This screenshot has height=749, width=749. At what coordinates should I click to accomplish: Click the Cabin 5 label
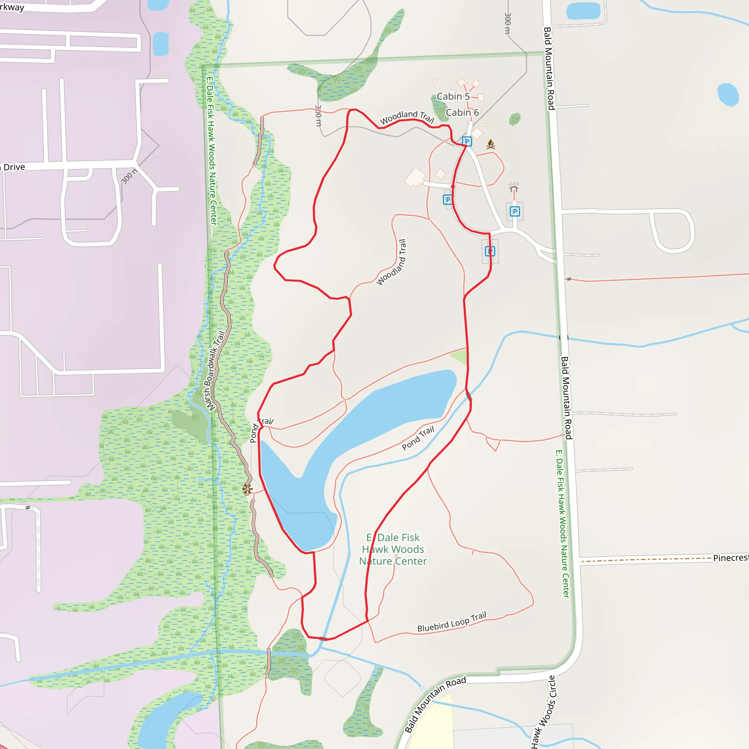tap(453, 96)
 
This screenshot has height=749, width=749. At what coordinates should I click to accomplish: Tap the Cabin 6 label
tap(462, 112)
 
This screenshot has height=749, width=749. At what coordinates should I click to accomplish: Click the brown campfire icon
tap(490, 144)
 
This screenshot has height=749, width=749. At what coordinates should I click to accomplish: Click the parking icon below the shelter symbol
tap(515, 211)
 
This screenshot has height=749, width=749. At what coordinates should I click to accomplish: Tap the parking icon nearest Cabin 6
tap(467, 142)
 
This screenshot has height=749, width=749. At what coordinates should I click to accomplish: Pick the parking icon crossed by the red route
tap(490, 251)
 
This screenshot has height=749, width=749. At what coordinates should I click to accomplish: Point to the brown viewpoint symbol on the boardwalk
tap(247, 489)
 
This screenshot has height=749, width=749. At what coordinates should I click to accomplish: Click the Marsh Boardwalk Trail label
tap(215, 370)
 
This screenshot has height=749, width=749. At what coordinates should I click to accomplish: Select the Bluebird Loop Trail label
tap(451, 622)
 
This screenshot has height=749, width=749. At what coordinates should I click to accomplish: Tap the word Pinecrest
tap(730, 558)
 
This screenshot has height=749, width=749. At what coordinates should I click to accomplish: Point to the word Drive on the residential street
tap(14, 167)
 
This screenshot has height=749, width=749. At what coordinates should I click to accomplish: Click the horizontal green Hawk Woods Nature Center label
tap(393, 549)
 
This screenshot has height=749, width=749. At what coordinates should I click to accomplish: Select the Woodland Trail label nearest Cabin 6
tap(406, 117)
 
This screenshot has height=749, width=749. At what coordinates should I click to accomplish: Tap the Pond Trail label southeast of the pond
tap(418, 438)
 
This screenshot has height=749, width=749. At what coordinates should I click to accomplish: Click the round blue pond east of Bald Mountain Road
tap(728, 94)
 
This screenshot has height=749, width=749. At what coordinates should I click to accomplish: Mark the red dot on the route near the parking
tap(452, 187)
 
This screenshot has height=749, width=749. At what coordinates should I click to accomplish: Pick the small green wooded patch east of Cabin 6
tap(515, 119)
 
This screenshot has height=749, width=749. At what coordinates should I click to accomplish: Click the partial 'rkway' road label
tap(12, 7)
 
